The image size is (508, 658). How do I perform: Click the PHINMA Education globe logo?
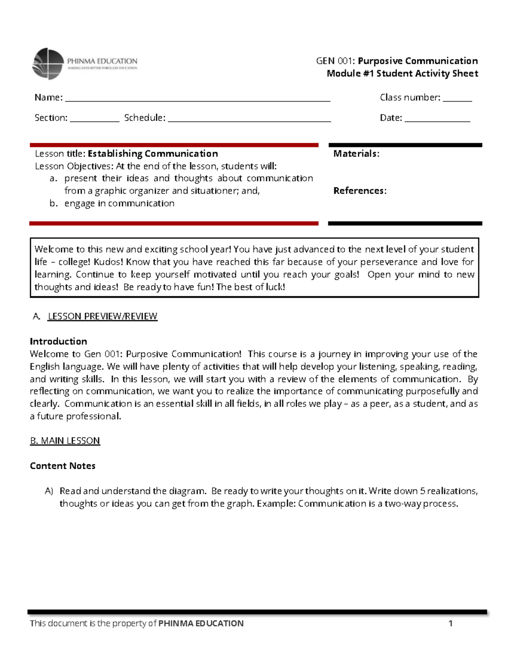pyautogui.click(x=48, y=64)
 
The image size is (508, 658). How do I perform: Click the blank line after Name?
pyautogui.click(x=197, y=100)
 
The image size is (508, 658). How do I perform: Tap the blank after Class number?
pyautogui.click(x=457, y=100)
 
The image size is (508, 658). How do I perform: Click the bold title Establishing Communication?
pyautogui.click(x=153, y=153)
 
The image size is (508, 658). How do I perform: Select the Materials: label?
pyautogui.click(x=356, y=153)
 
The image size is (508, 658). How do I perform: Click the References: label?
pyautogui.click(x=360, y=191)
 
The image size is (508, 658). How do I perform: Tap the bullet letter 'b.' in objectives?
pyautogui.click(x=53, y=203)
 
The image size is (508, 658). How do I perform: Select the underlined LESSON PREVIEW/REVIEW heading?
pyautogui.click(x=102, y=316)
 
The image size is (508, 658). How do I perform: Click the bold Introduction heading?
pyautogui.click(x=58, y=341)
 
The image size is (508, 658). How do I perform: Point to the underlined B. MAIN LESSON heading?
pyautogui.click(x=65, y=441)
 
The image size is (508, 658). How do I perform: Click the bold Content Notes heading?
pyautogui.click(x=63, y=466)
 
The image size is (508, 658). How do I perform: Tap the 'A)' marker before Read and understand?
pyautogui.click(x=49, y=491)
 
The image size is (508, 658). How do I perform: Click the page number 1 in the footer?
pyautogui.click(x=450, y=623)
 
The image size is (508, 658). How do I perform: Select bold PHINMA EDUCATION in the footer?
pyautogui.click(x=201, y=623)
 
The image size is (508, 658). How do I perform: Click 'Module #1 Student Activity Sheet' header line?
pyautogui.click(x=402, y=73)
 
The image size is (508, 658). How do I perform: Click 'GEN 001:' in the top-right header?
pyautogui.click(x=336, y=61)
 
